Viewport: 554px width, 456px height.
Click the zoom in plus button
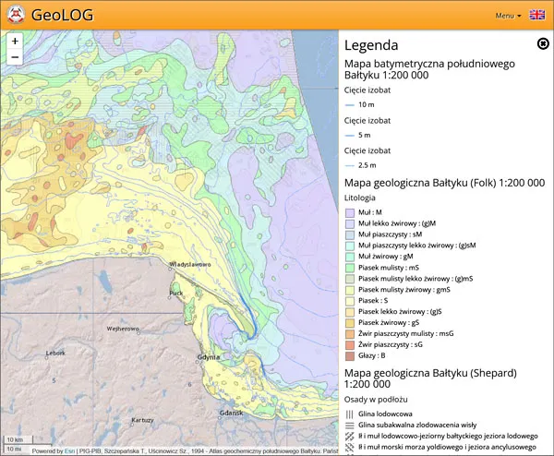[x=15, y=41]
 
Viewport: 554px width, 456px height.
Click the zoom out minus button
[x=15, y=57]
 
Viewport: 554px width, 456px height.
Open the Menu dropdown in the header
[x=508, y=16]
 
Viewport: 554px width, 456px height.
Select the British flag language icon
[x=536, y=15]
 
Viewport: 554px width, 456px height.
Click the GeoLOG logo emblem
[x=15, y=15]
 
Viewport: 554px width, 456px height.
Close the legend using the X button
[x=543, y=43]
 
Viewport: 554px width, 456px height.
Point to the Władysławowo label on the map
[x=190, y=264]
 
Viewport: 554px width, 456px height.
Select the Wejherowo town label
[x=124, y=328]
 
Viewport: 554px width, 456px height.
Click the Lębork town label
[x=55, y=353]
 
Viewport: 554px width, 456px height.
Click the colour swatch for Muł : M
[x=350, y=212]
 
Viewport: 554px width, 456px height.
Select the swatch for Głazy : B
[x=350, y=355]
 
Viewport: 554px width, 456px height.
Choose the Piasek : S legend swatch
[x=350, y=300]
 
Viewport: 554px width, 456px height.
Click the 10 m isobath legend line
[x=350, y=104]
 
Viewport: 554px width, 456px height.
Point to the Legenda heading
[x=371, y=45]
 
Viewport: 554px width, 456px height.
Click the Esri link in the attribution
[x=69, y=451]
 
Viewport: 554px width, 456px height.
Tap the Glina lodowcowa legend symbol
[x=350, y=414]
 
